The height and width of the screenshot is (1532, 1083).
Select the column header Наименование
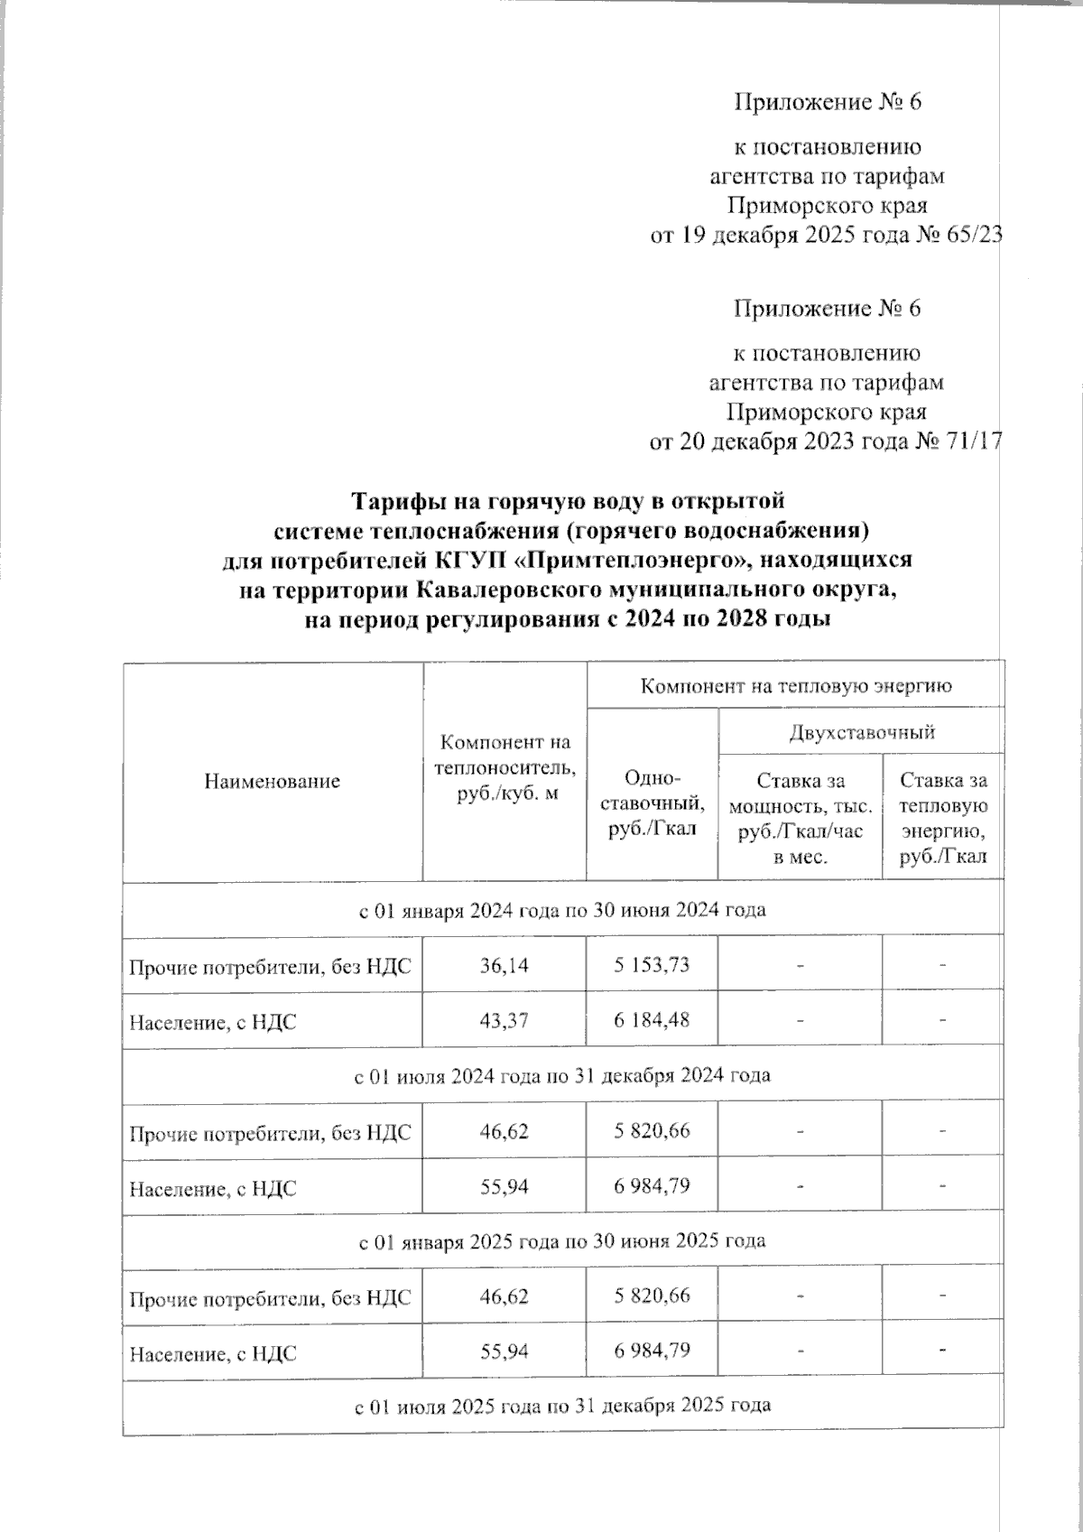pyautogui.click(x=272, y=782)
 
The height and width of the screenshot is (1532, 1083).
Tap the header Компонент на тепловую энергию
pyautogui.click(x=795, y=686)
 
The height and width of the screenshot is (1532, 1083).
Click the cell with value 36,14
pyautogui.click(x=504, y=965)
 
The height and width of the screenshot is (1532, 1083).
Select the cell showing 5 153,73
pyautogui.click(x=652, y=965)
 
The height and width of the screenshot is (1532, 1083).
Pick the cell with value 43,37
pyautogui.click(x=504, y=1021)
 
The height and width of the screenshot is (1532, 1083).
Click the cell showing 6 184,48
pyautogui.click(x=652, y=1021)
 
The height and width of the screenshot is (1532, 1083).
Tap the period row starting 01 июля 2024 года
pyautogui.click(x=562, y=1075)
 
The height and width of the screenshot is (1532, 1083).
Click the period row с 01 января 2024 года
pyautogui.click(x=562, y=910)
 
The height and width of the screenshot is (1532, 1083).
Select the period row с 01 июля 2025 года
pyautogui.click(x=562, y=1406)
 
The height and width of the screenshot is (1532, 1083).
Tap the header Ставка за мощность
pyautogui.click(x=800, y=818)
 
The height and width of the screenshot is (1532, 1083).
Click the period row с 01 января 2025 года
pyautogui.click(x=562, y=1240)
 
